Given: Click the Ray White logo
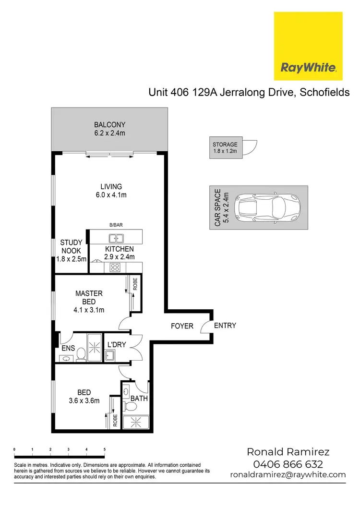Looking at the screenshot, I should [x=308, y=46].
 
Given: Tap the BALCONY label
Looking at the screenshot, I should [x=110, y=125].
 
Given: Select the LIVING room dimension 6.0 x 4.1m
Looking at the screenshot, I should [x=111, y=195].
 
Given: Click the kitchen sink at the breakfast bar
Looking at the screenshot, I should [x=115, y=238].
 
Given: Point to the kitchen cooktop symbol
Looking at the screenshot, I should [x=115, y=267].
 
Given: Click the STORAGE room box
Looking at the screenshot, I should [x=226, y=148].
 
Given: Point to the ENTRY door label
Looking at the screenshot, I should [x=225, y=326].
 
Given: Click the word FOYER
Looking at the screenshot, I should [x=182, y=326].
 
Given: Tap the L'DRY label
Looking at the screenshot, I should [x=116, y=345].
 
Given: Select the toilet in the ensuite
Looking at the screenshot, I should [x=81, y=354].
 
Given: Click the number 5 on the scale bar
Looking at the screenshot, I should [x=105, y=450].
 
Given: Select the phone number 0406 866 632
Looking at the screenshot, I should [x=288, y=464].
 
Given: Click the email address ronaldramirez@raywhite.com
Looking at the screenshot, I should [x=288, y=475].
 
